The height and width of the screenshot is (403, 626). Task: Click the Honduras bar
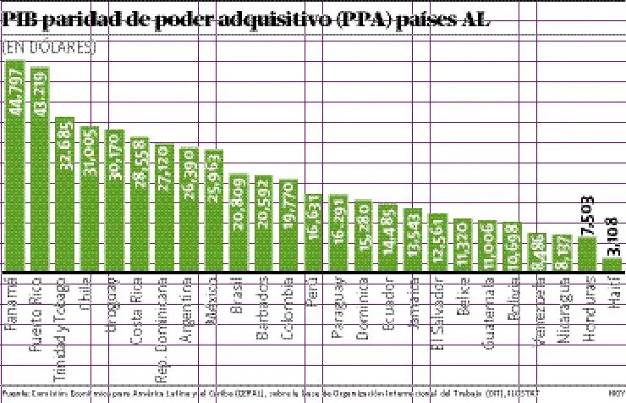[586, 254]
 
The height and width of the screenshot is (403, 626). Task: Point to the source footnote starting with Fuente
[271, 394]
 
